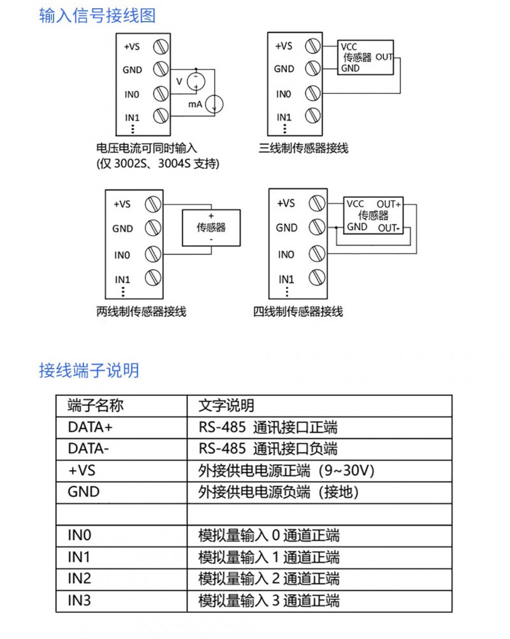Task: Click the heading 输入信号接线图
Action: click(98, 15)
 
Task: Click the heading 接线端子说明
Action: click(89, 371)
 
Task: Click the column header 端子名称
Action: click(96, 406)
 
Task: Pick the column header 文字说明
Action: click(226, 406)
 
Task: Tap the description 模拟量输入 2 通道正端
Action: click(269, 578)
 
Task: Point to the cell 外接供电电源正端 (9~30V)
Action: click(286, 471)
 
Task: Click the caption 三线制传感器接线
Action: click(303, 148)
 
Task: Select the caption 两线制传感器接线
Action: click(142, 312)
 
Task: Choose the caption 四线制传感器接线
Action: click(298, 312)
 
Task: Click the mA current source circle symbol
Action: click(214, 104)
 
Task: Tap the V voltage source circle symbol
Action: click(196, 82)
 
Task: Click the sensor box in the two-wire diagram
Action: click(211, 228)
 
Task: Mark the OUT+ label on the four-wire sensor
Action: click(389, 204)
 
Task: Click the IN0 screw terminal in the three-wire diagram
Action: click(313, 93)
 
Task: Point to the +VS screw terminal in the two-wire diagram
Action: click(153, 204)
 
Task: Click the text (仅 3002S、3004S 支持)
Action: click(158, 164)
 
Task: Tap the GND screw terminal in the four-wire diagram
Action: click(317, 228)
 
